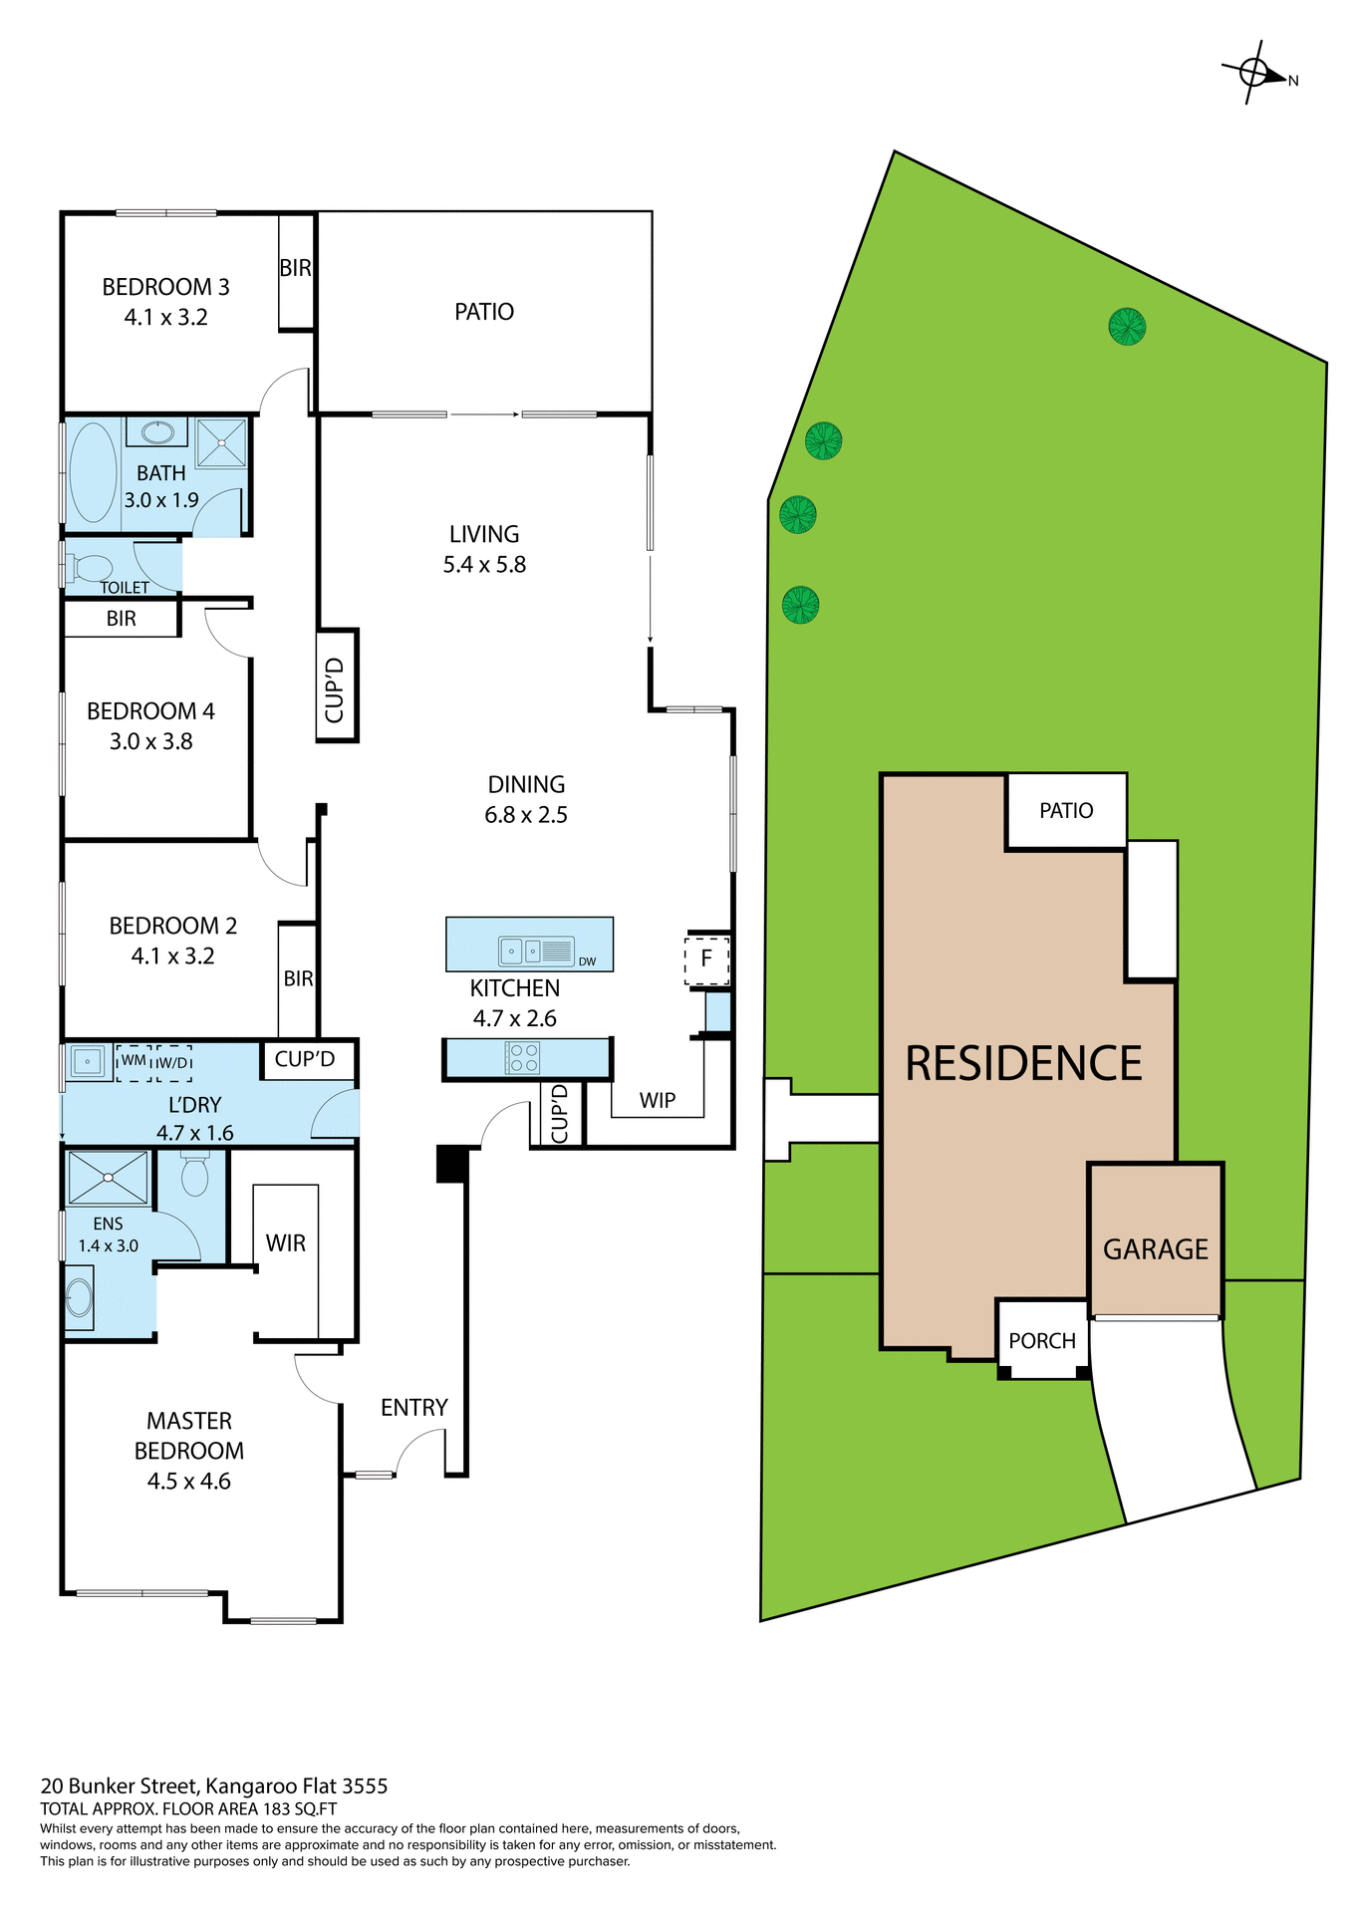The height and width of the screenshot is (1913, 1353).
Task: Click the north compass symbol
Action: [x=1255, y=73]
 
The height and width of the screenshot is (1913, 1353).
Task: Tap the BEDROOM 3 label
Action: [x=165, y=287]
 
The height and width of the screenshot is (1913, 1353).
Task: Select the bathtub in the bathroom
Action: [x=93, y=472]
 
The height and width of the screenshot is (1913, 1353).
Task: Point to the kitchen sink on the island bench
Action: [x=522, y=952]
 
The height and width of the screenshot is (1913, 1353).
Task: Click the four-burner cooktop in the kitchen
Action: [x=524, y=1057]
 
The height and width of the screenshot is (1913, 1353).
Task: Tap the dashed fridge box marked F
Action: [x=706, y=959]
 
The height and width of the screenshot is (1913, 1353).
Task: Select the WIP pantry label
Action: [x=657, y=1100]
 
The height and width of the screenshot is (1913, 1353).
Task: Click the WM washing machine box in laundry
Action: [x=134, y=1061]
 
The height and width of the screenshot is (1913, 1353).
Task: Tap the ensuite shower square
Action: [x=108, y=1177]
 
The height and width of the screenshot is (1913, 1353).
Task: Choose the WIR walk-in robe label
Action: [x=285, y=1242]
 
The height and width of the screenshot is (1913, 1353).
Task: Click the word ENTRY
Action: [x=413, y=1407]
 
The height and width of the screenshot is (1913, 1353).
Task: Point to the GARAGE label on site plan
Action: [x=1155, y=1248]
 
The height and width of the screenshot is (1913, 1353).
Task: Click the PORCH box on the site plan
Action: [x=1042, y=1340]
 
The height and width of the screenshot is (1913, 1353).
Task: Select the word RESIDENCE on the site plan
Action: [x=1023, y=1063]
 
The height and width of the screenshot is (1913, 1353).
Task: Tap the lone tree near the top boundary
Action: [x=1127, y=326]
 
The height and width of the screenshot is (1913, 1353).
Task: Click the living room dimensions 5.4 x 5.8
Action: [x=484, y=564]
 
